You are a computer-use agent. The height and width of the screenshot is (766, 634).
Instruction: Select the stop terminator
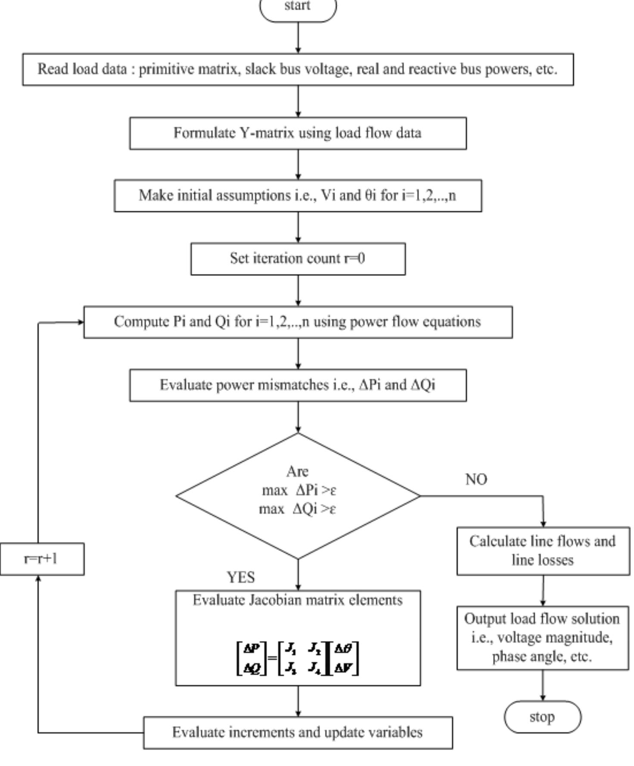pos(542,717)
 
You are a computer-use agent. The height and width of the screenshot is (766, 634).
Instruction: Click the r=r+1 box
pos(42,559)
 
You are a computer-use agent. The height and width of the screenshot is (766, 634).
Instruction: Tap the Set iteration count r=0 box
pos(298,258)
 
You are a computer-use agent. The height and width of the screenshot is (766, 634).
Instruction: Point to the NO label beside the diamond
pos(476,480)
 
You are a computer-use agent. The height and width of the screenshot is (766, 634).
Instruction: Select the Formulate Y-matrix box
pos(298,133)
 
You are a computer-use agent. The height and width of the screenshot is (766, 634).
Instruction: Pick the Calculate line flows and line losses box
pos(543,551)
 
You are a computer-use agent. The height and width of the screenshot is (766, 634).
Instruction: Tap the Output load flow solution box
pos(543,638)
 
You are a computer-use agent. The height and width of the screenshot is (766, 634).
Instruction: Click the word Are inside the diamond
pos(297,471)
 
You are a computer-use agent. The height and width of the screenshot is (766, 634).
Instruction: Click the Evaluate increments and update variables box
pos(298,732)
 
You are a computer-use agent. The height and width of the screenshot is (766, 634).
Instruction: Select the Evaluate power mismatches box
pos(298,385)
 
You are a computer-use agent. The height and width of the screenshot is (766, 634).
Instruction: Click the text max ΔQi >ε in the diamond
pos(297,509)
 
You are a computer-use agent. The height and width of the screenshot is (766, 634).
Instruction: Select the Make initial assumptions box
pos(298,196)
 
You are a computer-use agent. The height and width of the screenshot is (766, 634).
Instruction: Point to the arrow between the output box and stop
pos(543,685)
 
